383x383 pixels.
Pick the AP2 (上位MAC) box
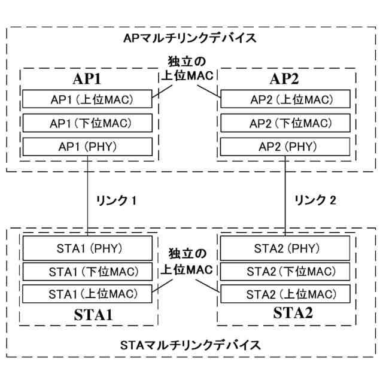pos(285,99)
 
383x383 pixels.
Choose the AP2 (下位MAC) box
pos(285,123)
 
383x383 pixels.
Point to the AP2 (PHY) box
pos(285,147)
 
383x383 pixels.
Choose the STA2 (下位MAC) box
pos(285,272)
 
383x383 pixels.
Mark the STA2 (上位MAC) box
pos(285,294)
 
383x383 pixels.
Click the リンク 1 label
pos(117,201)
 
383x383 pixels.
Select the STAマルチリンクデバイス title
pos(190,345)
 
